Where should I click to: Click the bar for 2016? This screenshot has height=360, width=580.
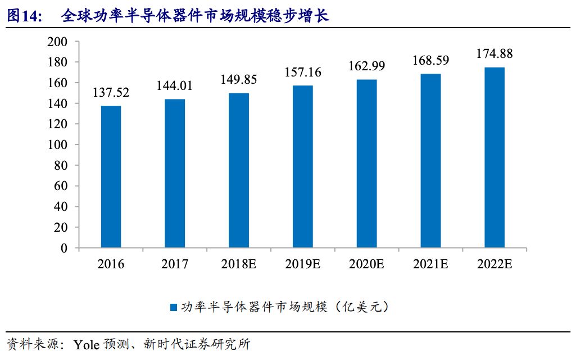point(111,177)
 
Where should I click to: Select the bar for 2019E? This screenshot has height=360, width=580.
point(303,166)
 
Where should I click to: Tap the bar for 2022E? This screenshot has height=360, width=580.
point(495,157)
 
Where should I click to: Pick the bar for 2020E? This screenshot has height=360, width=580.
point(366,164)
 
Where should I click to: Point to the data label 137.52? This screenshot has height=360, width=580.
point(111,93)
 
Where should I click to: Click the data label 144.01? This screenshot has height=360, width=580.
point(175,86)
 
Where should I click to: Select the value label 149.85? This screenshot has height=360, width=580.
point(239,80)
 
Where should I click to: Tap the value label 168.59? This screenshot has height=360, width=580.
point(431,60)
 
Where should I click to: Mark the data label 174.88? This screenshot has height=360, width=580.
point(495,54)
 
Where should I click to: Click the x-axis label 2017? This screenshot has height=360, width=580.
point(175,264)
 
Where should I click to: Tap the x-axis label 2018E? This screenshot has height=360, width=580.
point(239,264)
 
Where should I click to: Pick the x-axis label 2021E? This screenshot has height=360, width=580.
point(431,264)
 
